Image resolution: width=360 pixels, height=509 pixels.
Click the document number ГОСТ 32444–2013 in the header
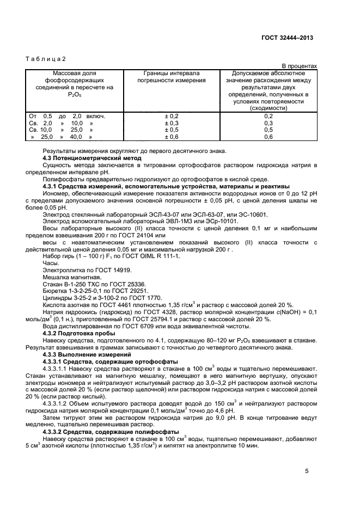click(286, 39)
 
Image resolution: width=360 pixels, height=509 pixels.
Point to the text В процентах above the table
click(299, 66)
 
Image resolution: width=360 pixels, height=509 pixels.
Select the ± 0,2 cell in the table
click(172, 116)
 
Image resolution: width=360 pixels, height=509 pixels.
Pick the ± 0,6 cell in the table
click(172, 137)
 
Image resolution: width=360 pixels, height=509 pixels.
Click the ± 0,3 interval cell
click(172, 123)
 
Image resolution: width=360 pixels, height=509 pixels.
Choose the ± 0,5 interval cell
click(172, 130)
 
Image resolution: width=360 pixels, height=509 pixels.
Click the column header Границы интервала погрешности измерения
click(171, 77)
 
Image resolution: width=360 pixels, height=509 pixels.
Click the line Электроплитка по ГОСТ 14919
click(80, 270)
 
